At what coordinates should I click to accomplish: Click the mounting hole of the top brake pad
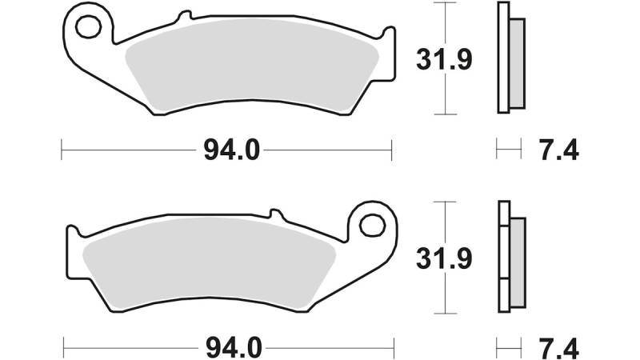tap(88, 27)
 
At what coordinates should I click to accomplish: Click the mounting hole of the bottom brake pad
tap(372, 226)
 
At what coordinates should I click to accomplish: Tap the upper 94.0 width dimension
tap(231, 150)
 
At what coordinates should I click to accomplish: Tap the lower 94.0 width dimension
tap(234, 349)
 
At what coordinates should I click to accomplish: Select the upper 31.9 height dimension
tap(444, 59)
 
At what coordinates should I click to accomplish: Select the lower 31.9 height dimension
tap(444, 258)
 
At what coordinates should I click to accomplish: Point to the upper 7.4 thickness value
tap(558, 150)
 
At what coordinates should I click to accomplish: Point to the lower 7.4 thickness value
tap(558, 349)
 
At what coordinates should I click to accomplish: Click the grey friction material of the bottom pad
tap(209, 263)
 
